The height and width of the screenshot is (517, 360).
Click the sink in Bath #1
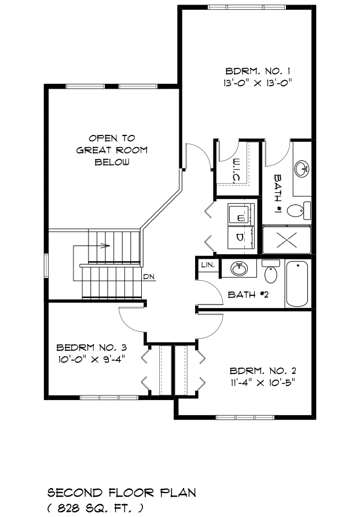302,169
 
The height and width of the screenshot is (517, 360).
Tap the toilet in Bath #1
299,210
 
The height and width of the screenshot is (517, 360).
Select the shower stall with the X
286,239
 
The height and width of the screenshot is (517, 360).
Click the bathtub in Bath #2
297,284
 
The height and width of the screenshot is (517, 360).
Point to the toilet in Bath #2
271,272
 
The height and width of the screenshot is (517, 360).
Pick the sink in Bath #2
239,269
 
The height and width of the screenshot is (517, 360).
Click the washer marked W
241,214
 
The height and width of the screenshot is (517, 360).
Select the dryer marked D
241,237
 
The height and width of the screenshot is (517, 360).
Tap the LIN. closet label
208,265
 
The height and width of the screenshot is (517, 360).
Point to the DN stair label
149,277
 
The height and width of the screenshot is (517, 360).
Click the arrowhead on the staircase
105,245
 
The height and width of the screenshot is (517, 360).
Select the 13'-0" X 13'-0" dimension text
258,82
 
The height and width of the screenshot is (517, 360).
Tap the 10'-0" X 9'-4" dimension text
91,359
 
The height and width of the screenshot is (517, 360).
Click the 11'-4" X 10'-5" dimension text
262,383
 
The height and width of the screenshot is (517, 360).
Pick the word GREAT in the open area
93,151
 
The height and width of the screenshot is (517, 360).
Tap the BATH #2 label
248,294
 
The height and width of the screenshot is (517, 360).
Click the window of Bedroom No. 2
245,417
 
